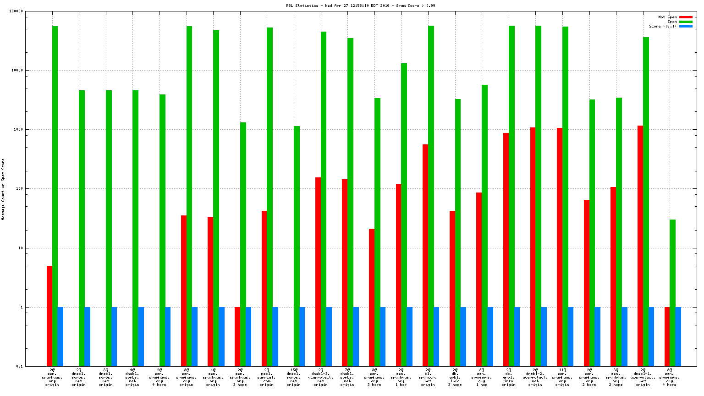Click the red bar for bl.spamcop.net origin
coord(425,255)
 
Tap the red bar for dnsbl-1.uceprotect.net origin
coord(640,246)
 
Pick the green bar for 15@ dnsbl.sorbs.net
coord(297,246)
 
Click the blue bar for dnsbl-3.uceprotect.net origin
coord(329,336)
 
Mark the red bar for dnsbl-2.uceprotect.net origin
coord(533,247)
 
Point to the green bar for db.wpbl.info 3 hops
coord(458,232)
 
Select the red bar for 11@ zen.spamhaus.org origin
coord(560,247)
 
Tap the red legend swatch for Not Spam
coord(686,17)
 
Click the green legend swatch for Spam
coord(686,22)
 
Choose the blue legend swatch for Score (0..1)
coord(686,27)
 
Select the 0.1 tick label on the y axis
coord(20,367)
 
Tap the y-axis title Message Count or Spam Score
coord(3,189)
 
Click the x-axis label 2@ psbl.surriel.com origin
coord(267,377)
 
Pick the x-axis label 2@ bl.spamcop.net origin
coord(428,377)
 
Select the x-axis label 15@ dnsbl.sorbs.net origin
coord(294,377)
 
